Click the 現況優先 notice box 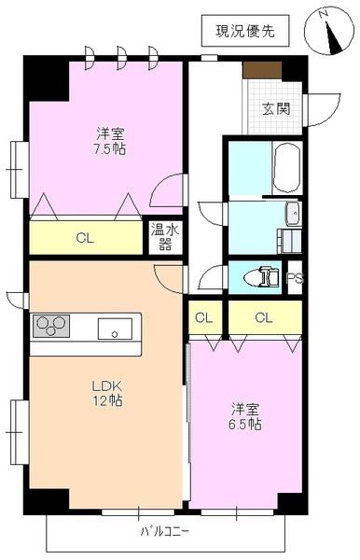(x=245, y=31)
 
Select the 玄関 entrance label (x=275, y=108)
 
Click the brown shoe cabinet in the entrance (x=262, y=69)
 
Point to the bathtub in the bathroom (x=286, y=168)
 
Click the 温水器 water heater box (x=165, y=237)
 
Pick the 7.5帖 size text (x=108, y=148)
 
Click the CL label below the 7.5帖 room (x=85, y=238)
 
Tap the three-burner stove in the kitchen (x=52, y=326)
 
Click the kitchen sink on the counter (x=117, y=328)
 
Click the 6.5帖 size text (x=245, y=425)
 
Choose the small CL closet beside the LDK (x=203, y=317)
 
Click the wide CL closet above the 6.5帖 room (x=265, y=317)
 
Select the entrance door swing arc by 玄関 (x=322, y=110)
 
